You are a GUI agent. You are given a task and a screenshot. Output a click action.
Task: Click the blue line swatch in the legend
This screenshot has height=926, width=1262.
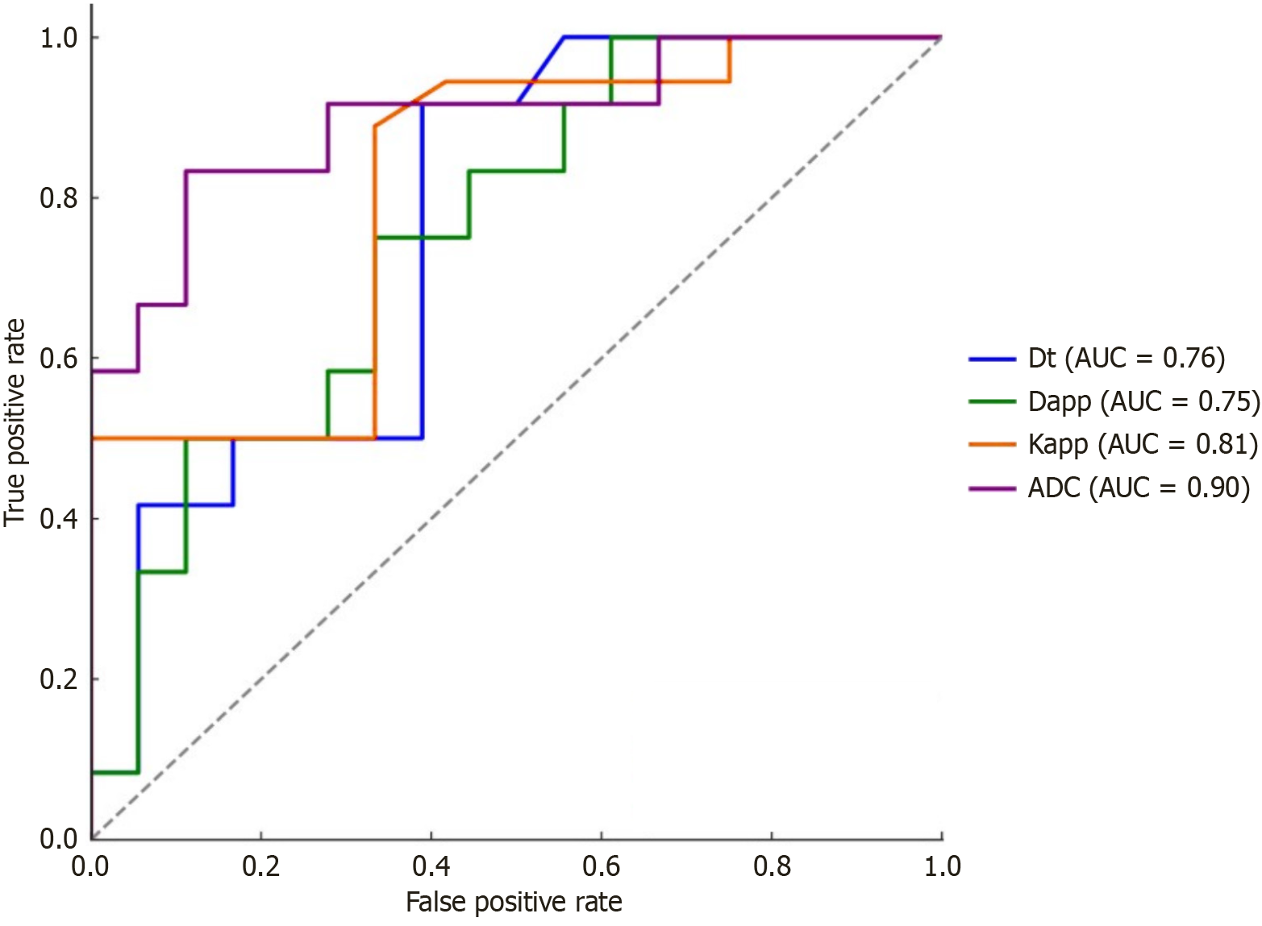click(x=992, y=359)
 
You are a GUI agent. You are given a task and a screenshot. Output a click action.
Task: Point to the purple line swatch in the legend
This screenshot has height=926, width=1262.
click(x=992, y=488)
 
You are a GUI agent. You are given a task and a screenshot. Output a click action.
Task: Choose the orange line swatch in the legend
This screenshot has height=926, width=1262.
click(x=992, y=445)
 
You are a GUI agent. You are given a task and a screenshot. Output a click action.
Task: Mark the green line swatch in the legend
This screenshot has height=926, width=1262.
click(x=992, y=401)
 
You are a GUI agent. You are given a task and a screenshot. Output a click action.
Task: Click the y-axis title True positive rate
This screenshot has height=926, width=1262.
click(x=15, y=422)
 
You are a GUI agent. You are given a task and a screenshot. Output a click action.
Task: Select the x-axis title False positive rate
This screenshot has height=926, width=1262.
click(x=514, y=903)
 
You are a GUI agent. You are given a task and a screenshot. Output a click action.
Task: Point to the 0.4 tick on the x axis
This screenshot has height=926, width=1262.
click(x=431, y=866)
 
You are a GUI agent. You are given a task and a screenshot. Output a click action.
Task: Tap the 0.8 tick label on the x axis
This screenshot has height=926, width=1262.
click(x=772, y=866)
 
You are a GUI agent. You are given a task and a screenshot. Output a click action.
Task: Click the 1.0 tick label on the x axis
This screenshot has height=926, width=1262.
click(x=942, y=866)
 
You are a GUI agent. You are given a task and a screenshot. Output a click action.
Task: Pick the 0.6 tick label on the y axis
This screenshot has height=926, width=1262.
click(x=59, y=359)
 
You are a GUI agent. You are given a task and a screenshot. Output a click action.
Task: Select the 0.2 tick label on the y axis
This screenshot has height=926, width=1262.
click(x=59, y=679)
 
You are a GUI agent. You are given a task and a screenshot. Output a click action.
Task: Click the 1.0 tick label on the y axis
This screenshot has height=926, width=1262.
click(x=59, y=38)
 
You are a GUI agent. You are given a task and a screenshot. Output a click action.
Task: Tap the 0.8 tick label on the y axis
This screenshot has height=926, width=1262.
click(x=59, y=198)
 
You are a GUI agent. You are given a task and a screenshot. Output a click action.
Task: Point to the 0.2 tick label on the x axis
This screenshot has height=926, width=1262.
click(x=261, y=866)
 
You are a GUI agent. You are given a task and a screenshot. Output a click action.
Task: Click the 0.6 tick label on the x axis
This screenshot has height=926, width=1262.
click(x=602, y=866)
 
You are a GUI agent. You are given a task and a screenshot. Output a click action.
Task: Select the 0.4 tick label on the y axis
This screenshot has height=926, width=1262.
click(x=59, y=519)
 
